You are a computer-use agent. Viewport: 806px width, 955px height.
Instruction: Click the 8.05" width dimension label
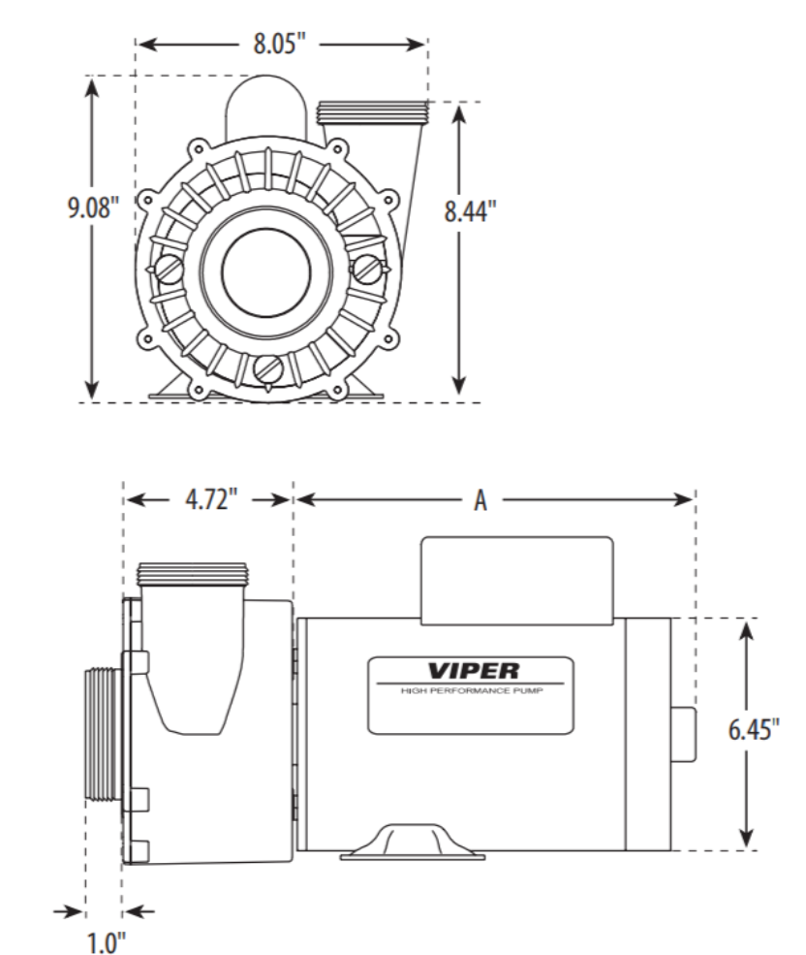point(281,45)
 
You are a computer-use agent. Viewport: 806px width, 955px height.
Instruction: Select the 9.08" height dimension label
point(93,210)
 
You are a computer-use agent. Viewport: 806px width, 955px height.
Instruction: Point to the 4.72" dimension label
point(208,499)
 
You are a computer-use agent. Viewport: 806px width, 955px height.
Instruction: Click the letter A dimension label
point(480,499)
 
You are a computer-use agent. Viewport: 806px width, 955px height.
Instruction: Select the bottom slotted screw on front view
point(270,368)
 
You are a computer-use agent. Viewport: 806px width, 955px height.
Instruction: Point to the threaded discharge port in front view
point(372,112)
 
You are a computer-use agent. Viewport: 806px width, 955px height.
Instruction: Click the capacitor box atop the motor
point(515,577)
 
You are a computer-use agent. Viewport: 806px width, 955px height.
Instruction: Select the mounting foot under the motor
point(411,843)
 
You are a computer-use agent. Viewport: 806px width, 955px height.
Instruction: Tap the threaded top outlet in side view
point(194,575)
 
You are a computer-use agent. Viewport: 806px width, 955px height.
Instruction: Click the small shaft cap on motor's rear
point(682,733)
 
